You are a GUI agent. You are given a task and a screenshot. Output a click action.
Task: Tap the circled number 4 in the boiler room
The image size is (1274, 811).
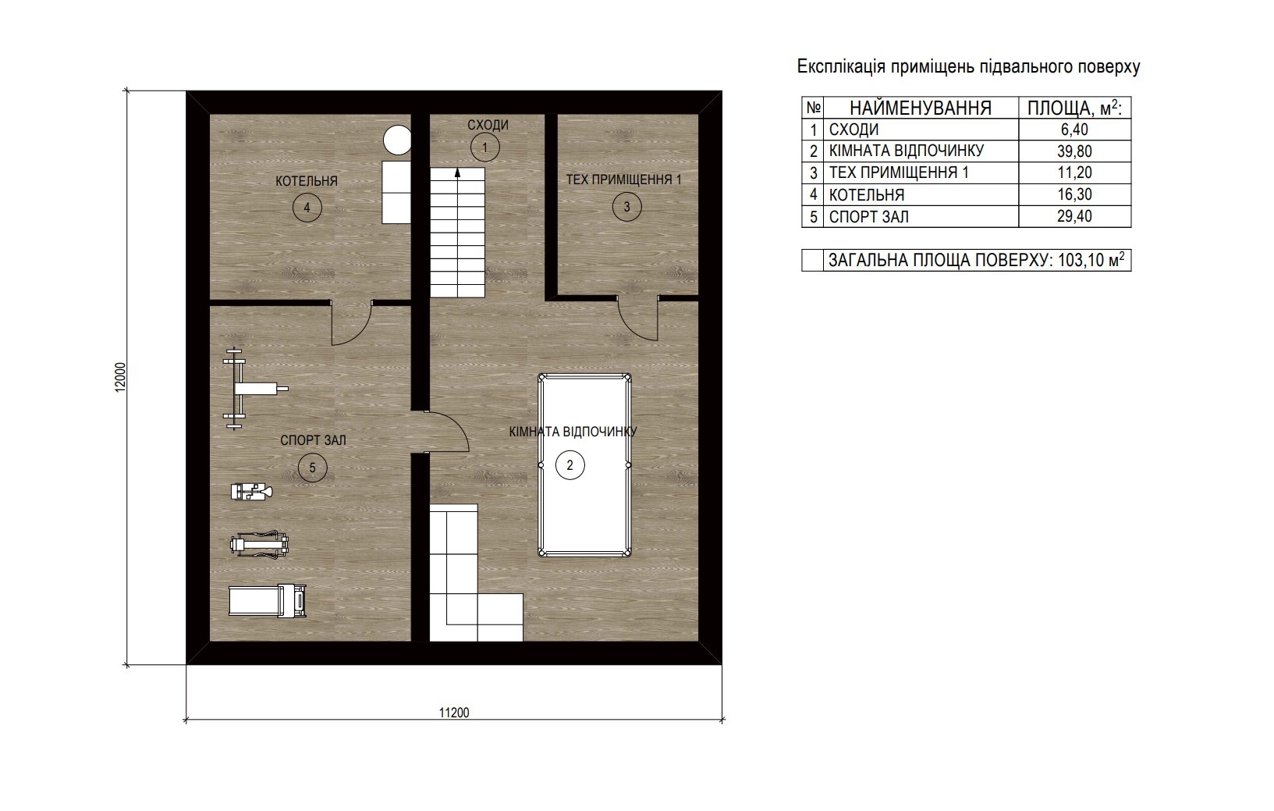(x=307, y=208)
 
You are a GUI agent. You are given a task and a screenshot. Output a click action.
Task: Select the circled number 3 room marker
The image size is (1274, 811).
(x=626, y=207)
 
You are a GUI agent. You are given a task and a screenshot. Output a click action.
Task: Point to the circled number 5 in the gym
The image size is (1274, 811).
(x=312, y=468)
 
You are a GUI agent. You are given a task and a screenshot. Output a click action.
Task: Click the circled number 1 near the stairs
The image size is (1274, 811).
(x=485, y=148)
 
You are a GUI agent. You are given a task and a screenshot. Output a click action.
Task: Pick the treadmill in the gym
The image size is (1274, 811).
(x=268, y=601)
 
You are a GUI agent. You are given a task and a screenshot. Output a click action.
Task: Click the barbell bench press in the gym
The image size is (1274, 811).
(x=255, y=389)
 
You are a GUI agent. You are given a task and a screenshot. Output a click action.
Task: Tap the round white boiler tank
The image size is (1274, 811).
(x=397, y=140)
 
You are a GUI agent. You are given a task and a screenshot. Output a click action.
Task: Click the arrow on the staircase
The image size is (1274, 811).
(x=457, y=176)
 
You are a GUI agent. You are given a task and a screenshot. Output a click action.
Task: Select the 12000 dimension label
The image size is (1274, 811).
(x=120, y=377)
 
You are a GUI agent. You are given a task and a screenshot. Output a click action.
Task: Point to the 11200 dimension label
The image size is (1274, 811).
(x=454, y=713)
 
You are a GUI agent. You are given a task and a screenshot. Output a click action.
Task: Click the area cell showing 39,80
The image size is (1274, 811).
(x=1074, y=151)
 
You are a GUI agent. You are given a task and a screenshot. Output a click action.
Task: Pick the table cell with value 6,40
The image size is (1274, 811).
(x=1074, y=130)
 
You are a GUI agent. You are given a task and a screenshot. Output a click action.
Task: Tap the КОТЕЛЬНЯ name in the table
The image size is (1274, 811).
(x=866, y=195)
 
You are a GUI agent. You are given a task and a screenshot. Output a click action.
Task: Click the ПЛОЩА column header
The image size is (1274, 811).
(x=1074, y=108)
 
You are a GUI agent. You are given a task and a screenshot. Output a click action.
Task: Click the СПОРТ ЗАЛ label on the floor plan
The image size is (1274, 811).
(x=313, y=440)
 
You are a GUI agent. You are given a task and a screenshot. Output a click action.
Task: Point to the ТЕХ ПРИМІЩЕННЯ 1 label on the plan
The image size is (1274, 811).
(x=623, y=180)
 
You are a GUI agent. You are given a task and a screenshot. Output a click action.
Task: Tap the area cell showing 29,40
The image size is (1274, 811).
(x=1074, y=217)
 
